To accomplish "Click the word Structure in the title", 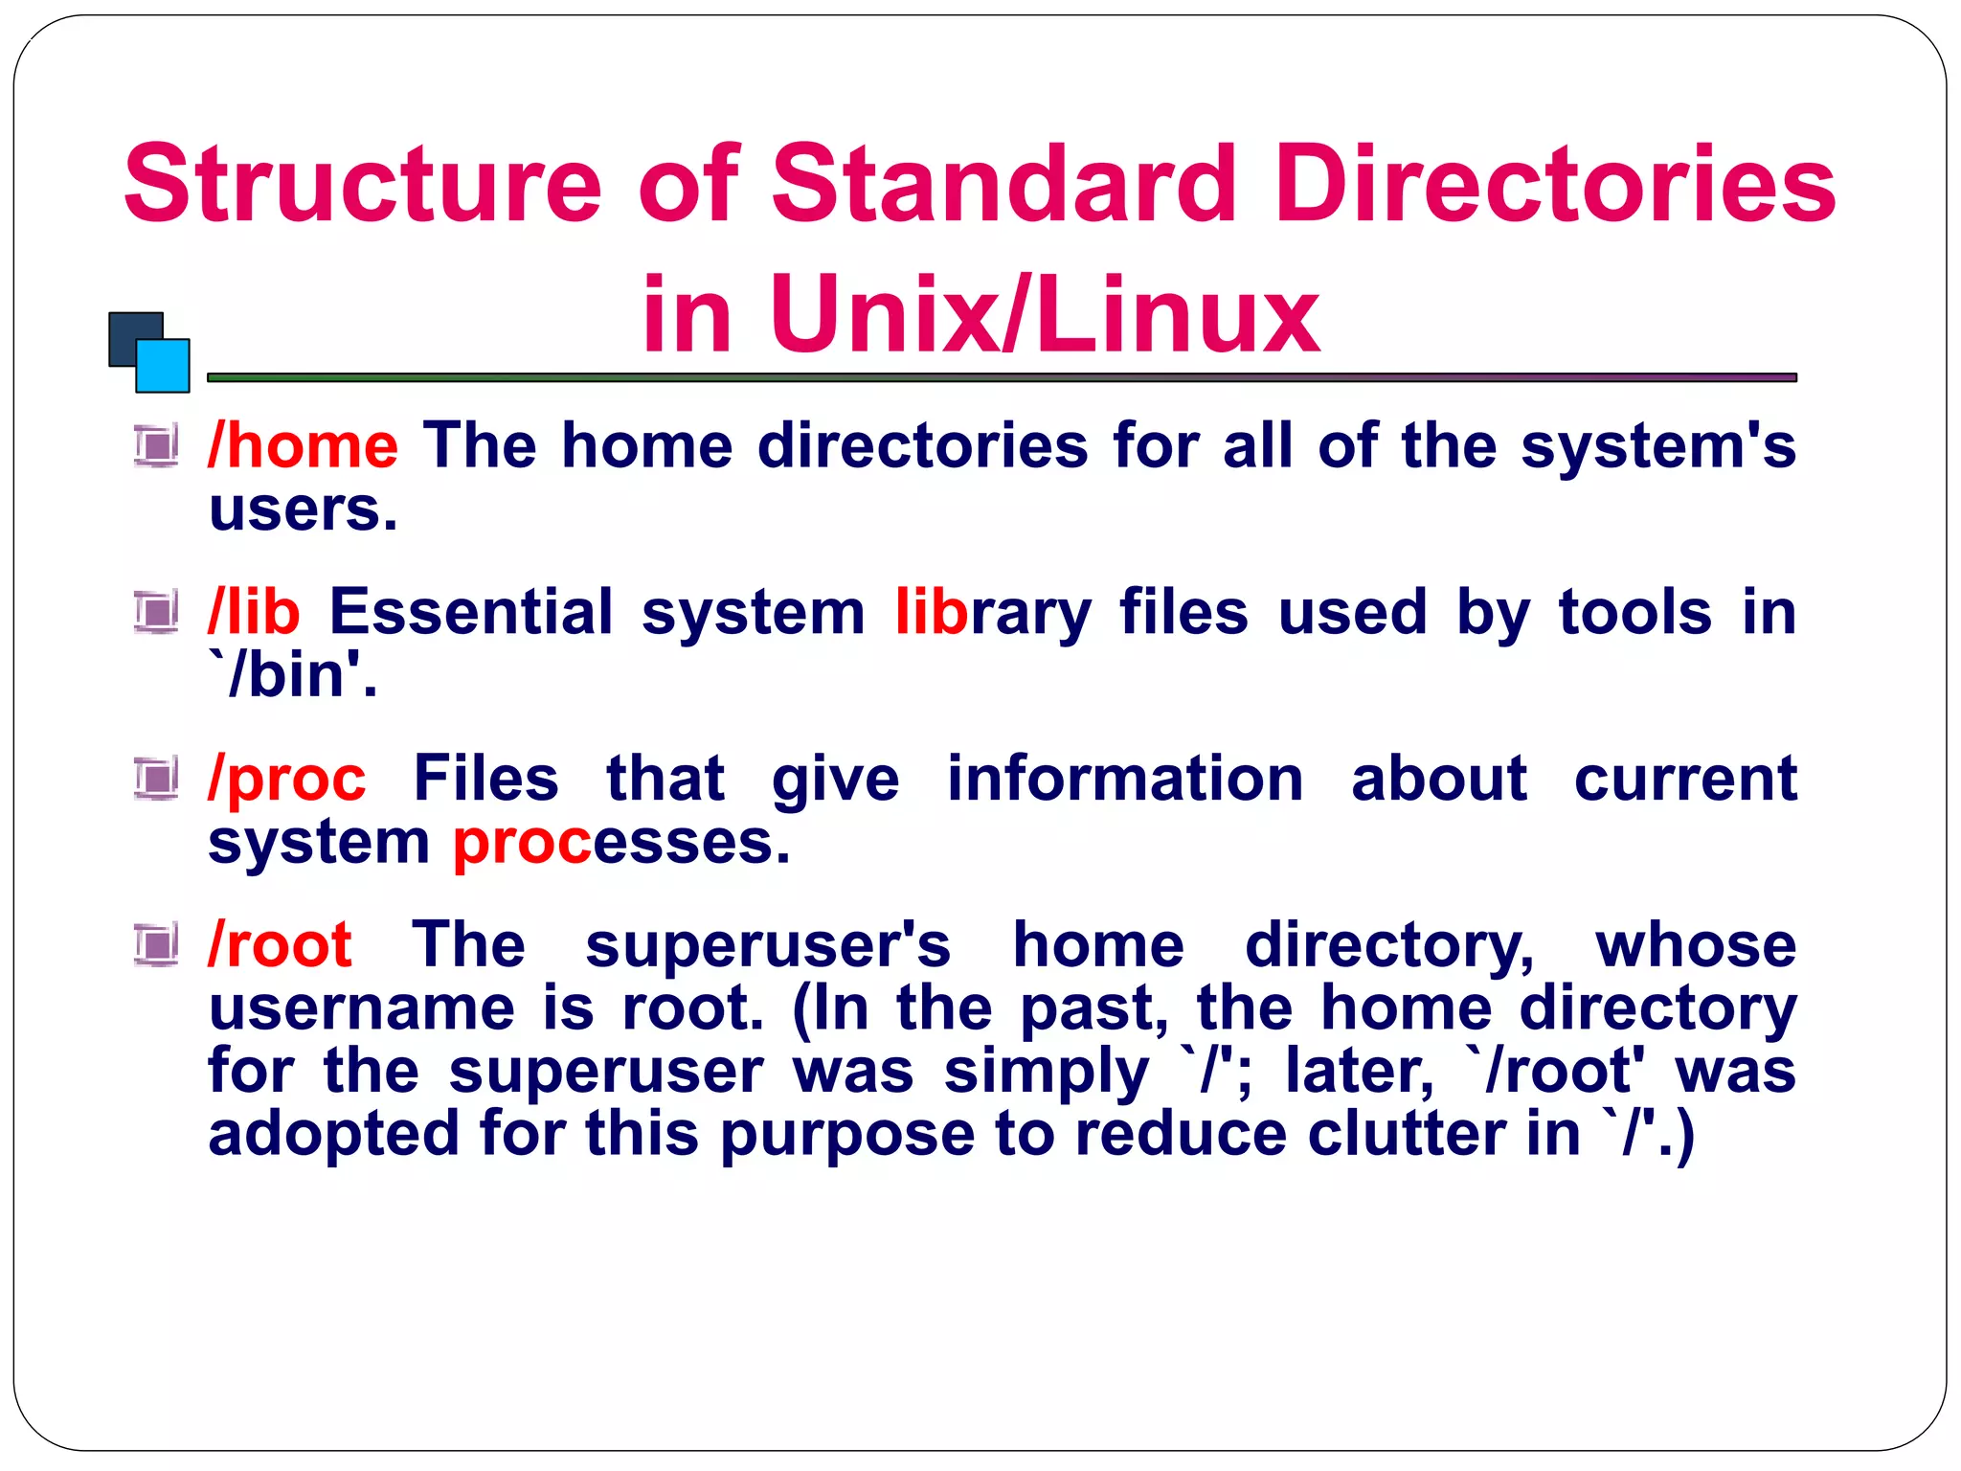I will coord(362,184).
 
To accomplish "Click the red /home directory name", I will coord(303,446).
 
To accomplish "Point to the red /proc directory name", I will coord(286,780).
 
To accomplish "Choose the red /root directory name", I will coord(280,946).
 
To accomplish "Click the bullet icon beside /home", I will coord(156,445).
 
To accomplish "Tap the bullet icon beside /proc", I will coord(156,778).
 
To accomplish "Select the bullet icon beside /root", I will coord(156,945).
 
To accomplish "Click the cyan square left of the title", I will coord(163,366).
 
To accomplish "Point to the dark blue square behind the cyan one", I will coord(125,331).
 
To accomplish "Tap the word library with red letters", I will coord(992,613).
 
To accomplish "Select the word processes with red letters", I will coord(620,843).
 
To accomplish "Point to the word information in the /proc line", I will coord(1124,780).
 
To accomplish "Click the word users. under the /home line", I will coord(303,509).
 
